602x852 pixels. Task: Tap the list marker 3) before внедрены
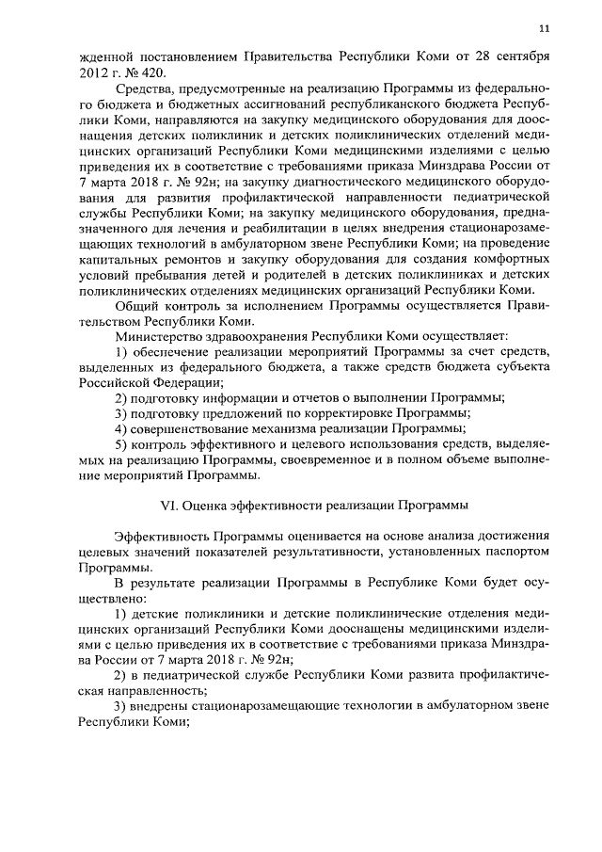pyautogui.click(x=121, y=706)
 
